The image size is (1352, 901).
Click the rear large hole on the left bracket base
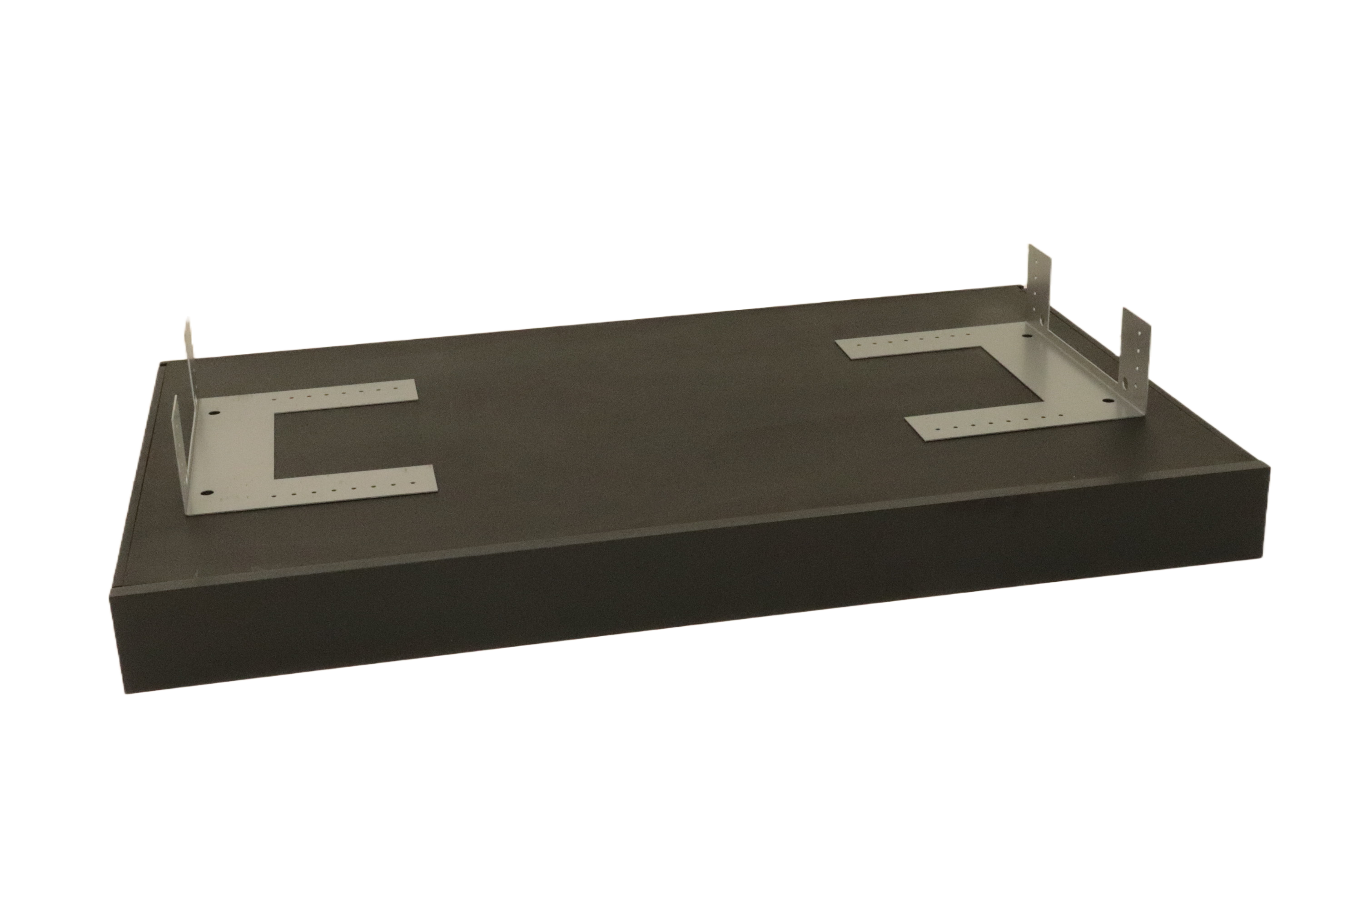[x=214, y=412]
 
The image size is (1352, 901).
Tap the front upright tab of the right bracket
[x=1127, y=356]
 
